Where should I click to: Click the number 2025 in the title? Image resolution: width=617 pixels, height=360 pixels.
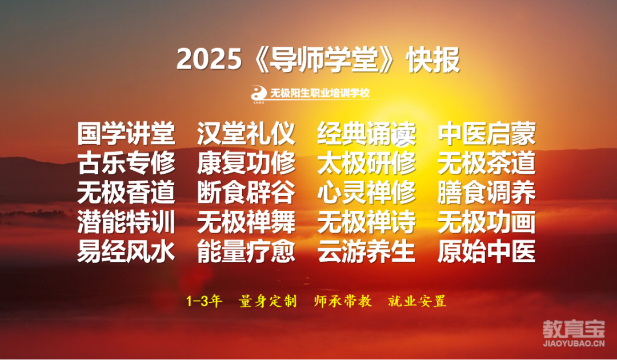tap(209, 60)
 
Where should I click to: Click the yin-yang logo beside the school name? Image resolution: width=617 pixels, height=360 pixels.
tap(259, 93)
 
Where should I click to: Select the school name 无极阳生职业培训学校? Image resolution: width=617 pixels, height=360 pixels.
tap(320, 93)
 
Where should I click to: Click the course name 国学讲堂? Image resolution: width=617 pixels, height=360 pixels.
tap(126, 133)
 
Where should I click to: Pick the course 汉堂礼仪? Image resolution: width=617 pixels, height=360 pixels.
tap(246, 133)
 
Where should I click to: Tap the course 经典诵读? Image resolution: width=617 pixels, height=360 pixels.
tap(366, 133)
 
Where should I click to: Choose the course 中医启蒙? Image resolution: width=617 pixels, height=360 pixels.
tap(487, 133)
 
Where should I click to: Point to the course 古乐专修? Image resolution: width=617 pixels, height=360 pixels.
tap(126, 163)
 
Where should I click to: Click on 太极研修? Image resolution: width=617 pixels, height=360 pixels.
tap(366, 163)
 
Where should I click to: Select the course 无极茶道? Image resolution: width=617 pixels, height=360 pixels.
tap(487, 163)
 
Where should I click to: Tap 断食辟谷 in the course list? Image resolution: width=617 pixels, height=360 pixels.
tap(246, 193)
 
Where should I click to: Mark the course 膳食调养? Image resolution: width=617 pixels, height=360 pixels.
tap(487, 193)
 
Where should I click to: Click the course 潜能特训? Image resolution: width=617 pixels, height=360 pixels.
tap(126, 222)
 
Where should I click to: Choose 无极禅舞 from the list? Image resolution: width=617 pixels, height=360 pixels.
tap(246, 222)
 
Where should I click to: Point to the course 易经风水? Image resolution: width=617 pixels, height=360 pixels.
tap(126, 251)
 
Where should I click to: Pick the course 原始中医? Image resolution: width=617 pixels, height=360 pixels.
tap(487, 251)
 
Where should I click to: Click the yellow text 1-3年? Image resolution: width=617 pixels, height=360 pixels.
tap(204, 301)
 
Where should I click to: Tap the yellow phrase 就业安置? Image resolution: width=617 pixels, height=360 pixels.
tap(417, 301)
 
